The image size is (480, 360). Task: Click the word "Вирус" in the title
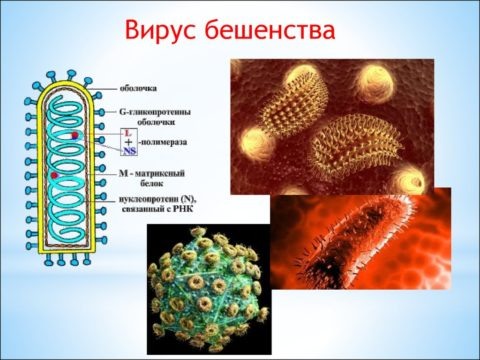point(162,31)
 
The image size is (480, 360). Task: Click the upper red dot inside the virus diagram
point(74,134)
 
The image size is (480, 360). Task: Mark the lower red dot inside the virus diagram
point(56,176)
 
